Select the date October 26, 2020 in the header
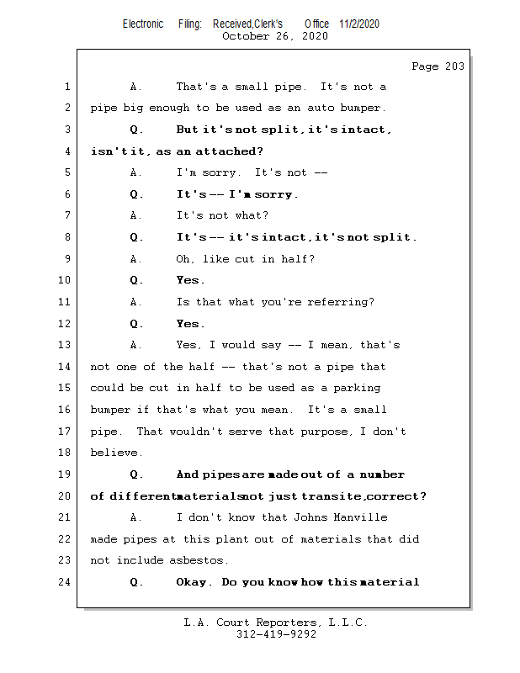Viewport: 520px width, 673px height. tap(275, 36)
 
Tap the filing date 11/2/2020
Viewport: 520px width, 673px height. tap(359, 24)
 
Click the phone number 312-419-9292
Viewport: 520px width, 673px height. tap(276, 635)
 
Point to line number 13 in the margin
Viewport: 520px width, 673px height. tap(66, 345)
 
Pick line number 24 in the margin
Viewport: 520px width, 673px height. tap(66, 582)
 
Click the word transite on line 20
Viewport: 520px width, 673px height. tap(332, 496)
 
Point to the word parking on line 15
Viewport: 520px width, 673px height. tap(356, 388)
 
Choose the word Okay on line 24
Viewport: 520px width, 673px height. tap(194, 582)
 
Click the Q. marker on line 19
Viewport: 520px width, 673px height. tap(137, 474)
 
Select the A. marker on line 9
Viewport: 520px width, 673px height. tap(136, 259)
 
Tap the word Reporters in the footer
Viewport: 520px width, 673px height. tap(284, 623)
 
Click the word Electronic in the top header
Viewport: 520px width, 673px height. tap(143, 24)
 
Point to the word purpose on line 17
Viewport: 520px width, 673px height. tap(327, 432)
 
